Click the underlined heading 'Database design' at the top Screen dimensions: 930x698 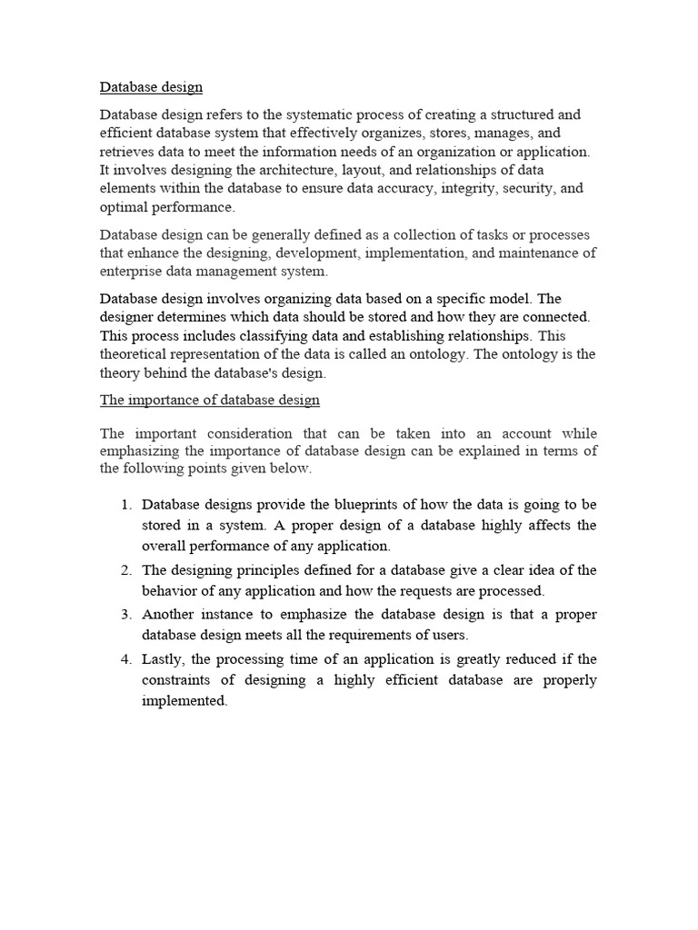[151, 87]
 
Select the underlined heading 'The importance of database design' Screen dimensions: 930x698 [209, 400]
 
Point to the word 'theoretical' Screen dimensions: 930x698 [137, 354]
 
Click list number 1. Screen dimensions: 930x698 [126, 504]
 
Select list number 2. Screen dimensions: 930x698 [126, 570]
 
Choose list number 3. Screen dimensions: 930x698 [126, 615]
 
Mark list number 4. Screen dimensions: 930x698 [126, 658]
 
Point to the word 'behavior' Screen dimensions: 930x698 [172, 590]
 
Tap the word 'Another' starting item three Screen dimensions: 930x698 [170, 615]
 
